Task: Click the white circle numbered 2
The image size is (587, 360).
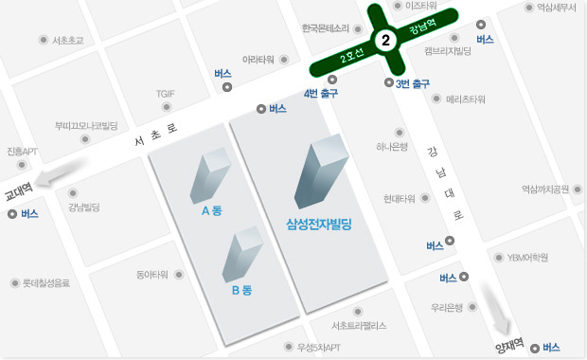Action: point(385,41)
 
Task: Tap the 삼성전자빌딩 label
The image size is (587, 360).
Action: point(319,225)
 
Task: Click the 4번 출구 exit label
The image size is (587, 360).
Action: point(320,93)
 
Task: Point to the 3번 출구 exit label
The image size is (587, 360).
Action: point(414,84)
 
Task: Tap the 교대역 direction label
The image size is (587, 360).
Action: point(18,188)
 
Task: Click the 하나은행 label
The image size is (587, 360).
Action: point(391,147)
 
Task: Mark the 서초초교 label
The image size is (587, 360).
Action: point(68,40)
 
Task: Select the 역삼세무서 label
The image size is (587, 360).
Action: point(557,7)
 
